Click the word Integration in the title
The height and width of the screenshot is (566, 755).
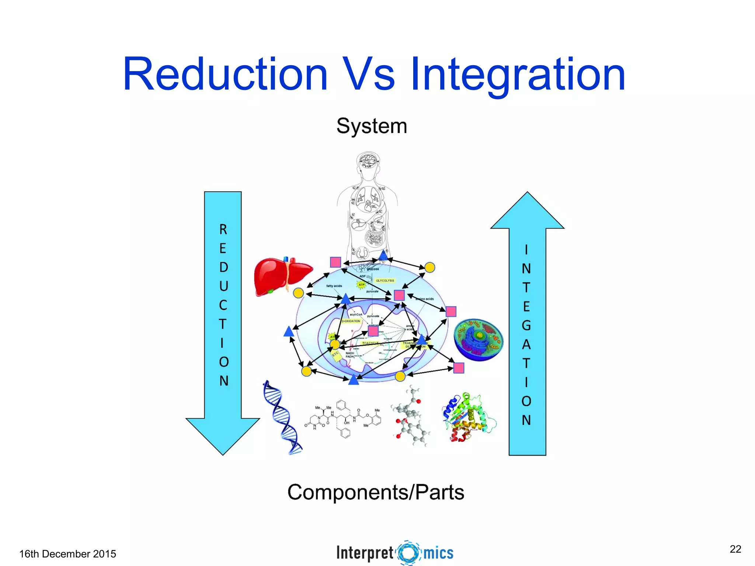(518, 75)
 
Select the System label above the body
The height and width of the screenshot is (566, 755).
(372, 126)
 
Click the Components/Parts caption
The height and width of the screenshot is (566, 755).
(376, 492)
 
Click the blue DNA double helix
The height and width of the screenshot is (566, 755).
(282, 418)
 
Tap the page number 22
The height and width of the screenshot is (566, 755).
(735, 549)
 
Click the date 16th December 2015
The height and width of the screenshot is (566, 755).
(67, 554)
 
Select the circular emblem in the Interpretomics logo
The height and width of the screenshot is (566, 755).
(408, 553)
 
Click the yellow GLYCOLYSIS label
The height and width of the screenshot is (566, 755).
(385, 280)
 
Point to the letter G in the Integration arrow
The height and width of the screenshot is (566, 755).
(526, 325)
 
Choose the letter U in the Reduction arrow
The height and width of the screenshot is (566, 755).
(223, 286)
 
